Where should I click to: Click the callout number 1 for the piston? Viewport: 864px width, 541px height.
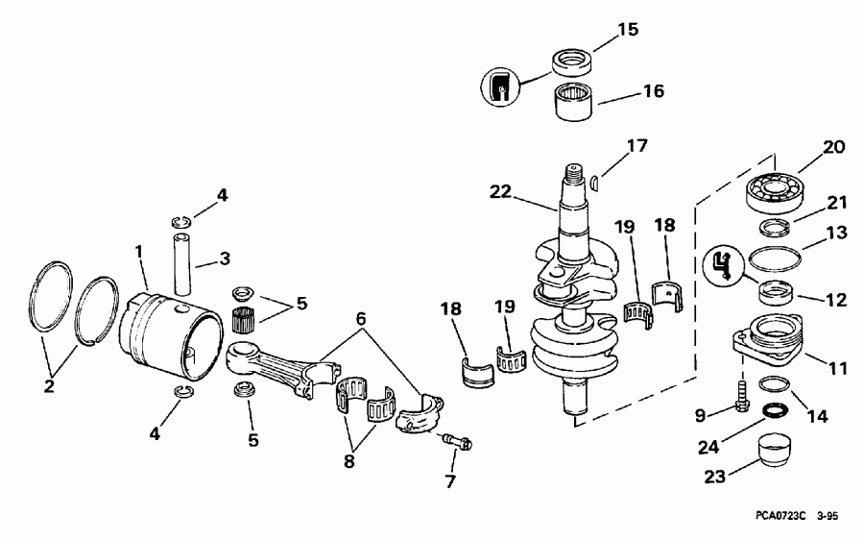[139, 251]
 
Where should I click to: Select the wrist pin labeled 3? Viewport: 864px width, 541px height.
[184, 257]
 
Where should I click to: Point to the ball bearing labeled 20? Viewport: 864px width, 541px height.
[775, 190]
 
